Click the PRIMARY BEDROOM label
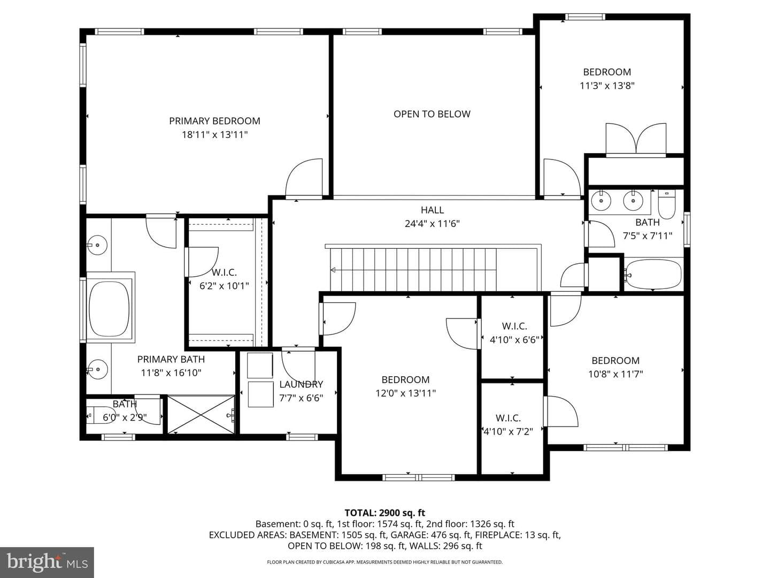click(x=214, y=121)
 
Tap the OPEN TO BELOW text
click(x=432, y=114)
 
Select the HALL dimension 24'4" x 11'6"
click(x=432, y=224)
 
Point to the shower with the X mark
click(x=201, y=414)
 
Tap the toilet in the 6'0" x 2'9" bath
click(x=101, y=415)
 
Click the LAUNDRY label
click(x=301, y=384)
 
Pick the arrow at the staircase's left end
click(x=333, y=270)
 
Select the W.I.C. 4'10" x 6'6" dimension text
click(x=514, y=340)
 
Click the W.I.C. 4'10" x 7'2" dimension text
click(x=509, y=431)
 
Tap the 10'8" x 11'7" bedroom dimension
click(x=615, y=374)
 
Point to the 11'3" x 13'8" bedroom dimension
click(x=607, y=86)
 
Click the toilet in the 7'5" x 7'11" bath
click(x=666, y=203)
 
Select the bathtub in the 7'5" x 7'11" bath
click(x=654, y=273)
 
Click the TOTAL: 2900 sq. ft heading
click(x=385, y=513)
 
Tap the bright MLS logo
click(x=47, y=562)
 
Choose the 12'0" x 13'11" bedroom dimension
click(x=405, y=393)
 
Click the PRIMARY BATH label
click(x=171, y=359)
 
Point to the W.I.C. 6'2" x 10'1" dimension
click(x=224, y=286)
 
